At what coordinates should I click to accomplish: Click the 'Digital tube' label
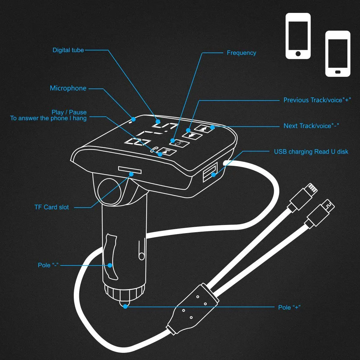coord(68,50)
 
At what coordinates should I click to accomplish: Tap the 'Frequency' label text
coord(241,53)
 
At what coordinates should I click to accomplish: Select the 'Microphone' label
coord(68,88)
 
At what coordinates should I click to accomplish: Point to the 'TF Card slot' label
coord(52,207)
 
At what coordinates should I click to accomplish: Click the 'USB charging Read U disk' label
coord(311,152)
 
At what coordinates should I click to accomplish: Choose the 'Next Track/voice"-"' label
coord(311,126)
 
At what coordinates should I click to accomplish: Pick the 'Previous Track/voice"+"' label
coord(317,100)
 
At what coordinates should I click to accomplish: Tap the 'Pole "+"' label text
coord(289,307)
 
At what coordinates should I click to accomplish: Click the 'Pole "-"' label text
coord(48,265)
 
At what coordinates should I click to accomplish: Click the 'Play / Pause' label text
coord(69,112)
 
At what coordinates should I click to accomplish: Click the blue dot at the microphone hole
coord(133,119)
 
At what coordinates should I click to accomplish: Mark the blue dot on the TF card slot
coord(131,174)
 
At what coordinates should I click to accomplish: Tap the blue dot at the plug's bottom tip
coord(125,306)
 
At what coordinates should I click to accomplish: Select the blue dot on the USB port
coord(214,175)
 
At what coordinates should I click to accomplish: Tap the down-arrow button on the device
coord(192,135)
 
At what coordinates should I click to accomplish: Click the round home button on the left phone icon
coord(298,54)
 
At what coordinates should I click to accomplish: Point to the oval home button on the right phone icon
coord(338,72)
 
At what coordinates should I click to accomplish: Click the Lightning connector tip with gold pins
coord(312,188)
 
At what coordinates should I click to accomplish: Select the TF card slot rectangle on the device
coord(130,170)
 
